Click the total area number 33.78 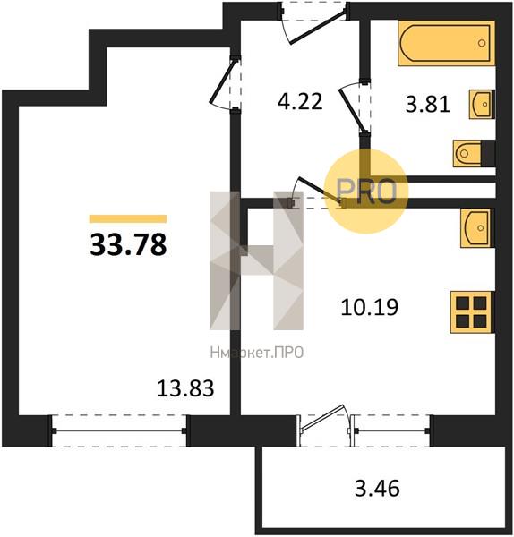128,243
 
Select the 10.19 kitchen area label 369,307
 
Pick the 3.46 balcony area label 376,489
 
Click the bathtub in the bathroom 445,43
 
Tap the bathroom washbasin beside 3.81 480,105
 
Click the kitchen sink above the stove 476,227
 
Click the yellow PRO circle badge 365,191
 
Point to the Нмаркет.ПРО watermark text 256,353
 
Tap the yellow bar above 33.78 128,217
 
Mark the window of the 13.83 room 119,430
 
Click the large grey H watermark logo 258,260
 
